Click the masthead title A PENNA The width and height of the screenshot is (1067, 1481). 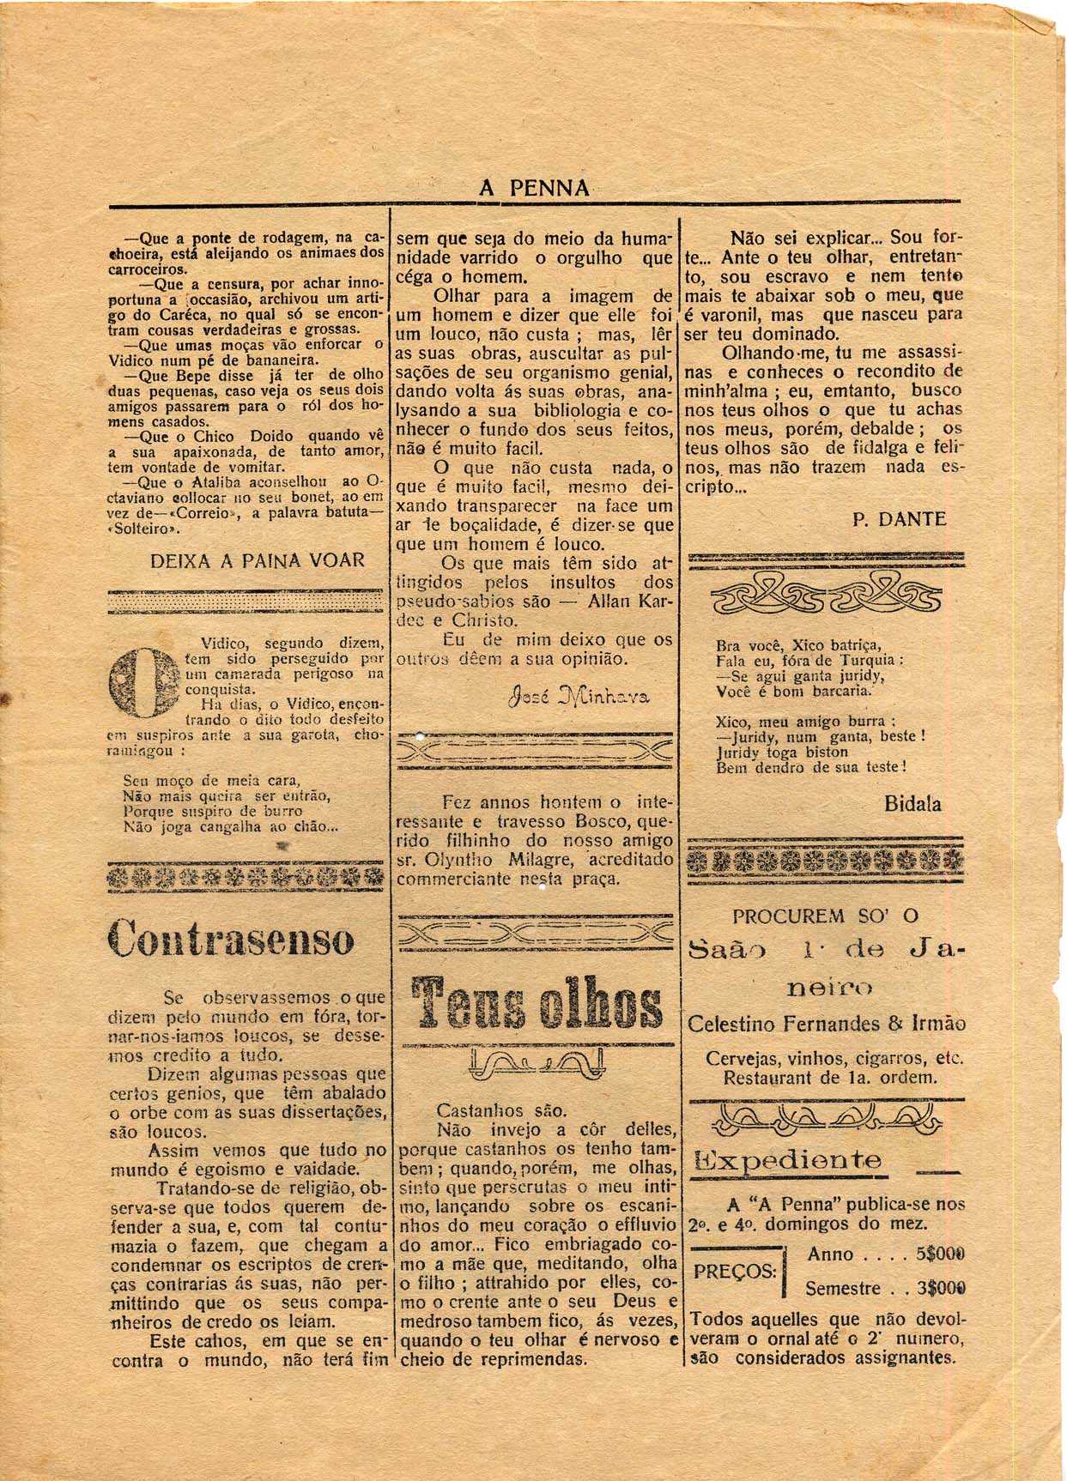click(534, 188)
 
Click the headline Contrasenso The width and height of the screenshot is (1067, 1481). click(231, 936)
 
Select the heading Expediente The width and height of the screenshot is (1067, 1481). click(787, 1161)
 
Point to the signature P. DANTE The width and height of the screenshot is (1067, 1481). click(899, 519)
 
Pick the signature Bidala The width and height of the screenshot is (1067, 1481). click(912, 804)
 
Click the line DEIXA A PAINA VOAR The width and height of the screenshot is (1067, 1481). click(258, 560)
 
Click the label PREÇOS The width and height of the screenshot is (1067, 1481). click(735, 1271)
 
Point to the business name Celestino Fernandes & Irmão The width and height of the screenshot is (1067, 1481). click(826, 1024)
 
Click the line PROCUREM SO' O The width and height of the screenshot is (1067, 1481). click(825, 916)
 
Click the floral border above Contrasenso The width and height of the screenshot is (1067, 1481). click(246, 876)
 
